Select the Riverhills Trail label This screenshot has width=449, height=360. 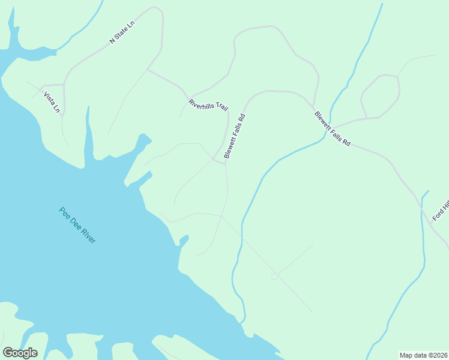(x=208, y=105)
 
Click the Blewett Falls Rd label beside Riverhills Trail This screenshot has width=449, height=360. (x=235, y=136)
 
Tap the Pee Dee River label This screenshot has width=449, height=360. (x=77, y=225)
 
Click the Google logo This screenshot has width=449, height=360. (x=20, y=353)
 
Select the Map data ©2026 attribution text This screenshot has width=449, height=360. (x=423, y=355)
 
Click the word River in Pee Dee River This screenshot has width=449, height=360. (x=88, y=235)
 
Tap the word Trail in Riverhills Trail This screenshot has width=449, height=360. (x=220, y=108)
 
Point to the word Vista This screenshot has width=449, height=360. (x=48, y=97)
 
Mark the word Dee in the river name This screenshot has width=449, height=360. (x=74, y=221)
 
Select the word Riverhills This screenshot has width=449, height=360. (x=201, y=103)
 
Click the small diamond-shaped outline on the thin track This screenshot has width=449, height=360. (x=274, y=276)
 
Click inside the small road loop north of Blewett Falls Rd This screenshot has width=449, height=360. (x=380, y=96)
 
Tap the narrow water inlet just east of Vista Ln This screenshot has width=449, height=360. (x=89, y=135)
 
